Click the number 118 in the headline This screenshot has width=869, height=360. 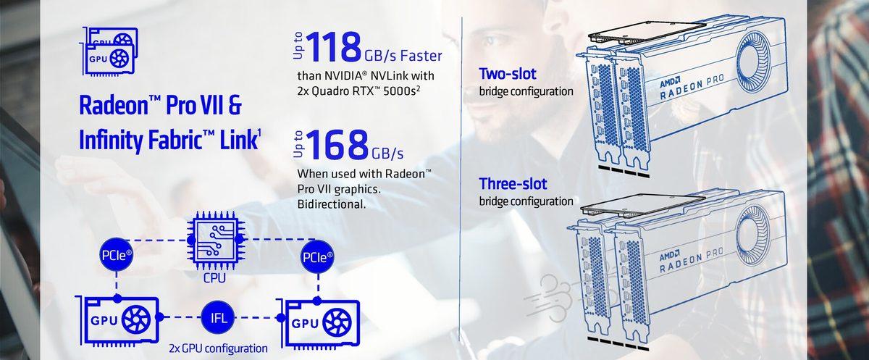(x=332, y=47)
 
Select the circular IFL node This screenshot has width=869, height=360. (x=218, y=318)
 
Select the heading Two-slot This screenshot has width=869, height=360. (x=508, y=75)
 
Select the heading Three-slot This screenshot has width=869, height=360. (x=513, y=184)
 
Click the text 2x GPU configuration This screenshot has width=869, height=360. (x=218, y=348)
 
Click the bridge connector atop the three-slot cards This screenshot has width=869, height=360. (x=644, y=205)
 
